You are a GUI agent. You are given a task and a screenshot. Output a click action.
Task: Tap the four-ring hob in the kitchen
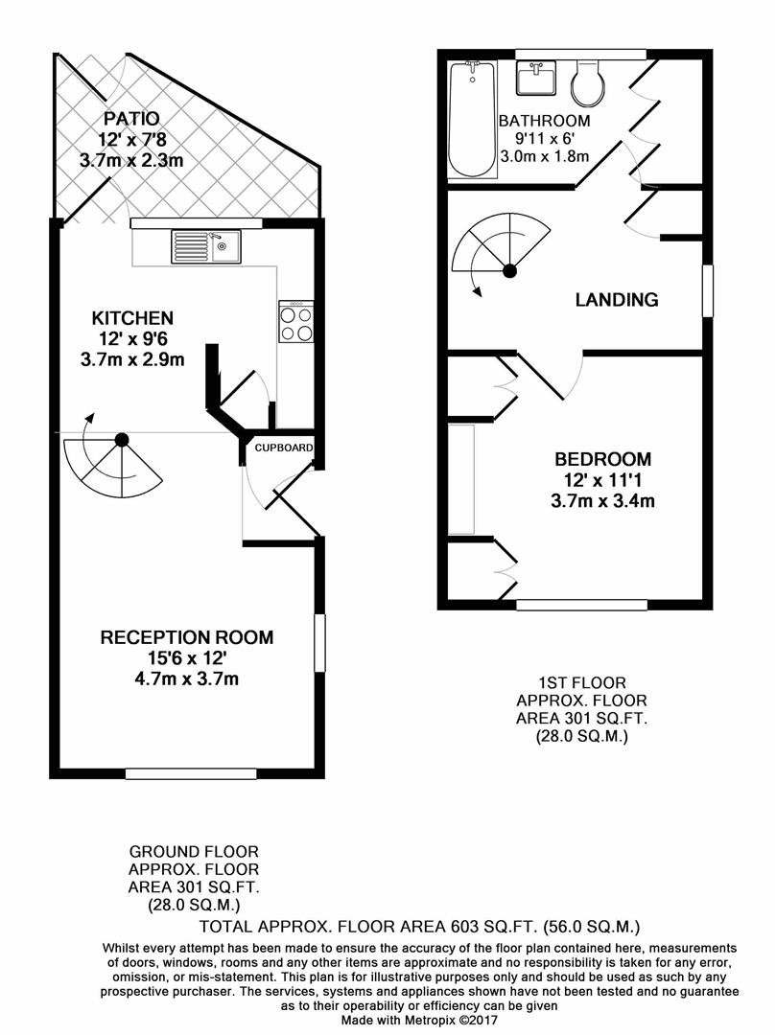point(295,322)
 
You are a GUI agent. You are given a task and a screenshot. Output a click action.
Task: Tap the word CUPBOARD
point(283,448)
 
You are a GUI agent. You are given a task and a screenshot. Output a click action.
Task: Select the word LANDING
point(617,300)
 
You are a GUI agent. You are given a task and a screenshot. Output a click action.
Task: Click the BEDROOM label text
point(601,459)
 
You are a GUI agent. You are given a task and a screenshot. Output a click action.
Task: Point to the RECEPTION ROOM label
point(187,637)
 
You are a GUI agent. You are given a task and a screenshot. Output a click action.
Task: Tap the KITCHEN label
point(132,318)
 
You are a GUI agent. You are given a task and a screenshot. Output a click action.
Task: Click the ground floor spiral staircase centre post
point(122,440)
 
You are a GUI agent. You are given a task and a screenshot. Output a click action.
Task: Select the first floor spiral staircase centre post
point(510,271)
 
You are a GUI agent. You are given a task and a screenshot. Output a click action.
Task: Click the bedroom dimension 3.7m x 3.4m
point(601,500)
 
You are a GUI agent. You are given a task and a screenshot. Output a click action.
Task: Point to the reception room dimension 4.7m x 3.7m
point(187,680)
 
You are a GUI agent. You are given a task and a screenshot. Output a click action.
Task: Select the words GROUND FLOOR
point(194,851)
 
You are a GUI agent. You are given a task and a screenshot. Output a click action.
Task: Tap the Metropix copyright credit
point(421,1022)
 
